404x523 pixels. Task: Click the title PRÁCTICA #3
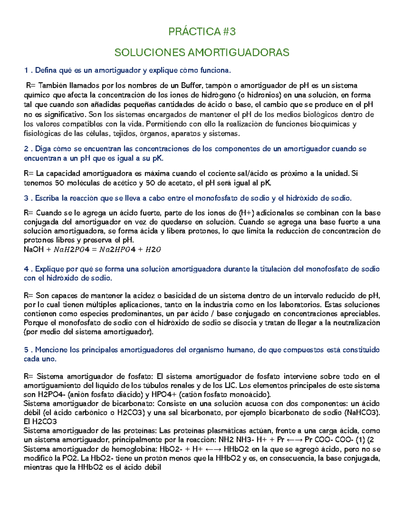(202, 32)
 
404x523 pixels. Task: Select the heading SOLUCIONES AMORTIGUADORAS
(202, 53)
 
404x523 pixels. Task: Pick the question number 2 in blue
(26, 149)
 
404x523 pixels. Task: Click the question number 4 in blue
(26, 269)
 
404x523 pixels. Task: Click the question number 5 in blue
(26, 350)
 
